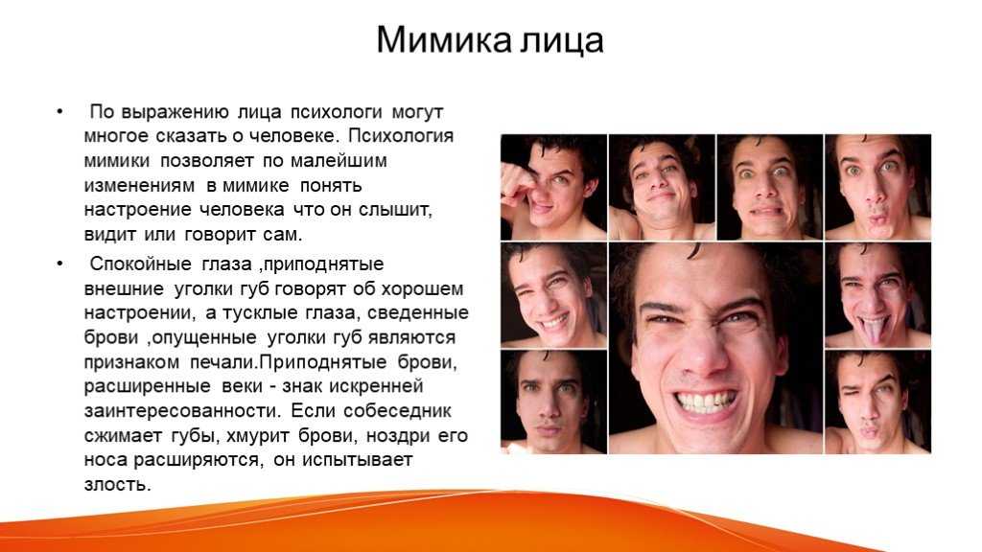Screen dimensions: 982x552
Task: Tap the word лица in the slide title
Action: [562, 41]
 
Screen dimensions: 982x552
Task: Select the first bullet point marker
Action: [60, 112]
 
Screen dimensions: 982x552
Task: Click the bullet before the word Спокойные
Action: [60, 264]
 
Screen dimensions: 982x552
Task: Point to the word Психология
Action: [401, 136]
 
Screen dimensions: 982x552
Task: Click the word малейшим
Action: [339, 161]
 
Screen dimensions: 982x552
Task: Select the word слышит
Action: [395, 210]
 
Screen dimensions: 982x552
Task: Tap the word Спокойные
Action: [140, 264]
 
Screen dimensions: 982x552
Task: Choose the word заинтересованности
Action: [182, 411]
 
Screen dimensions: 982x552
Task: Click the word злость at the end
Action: [118, 484]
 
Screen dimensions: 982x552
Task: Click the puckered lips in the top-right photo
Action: [876, 218]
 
